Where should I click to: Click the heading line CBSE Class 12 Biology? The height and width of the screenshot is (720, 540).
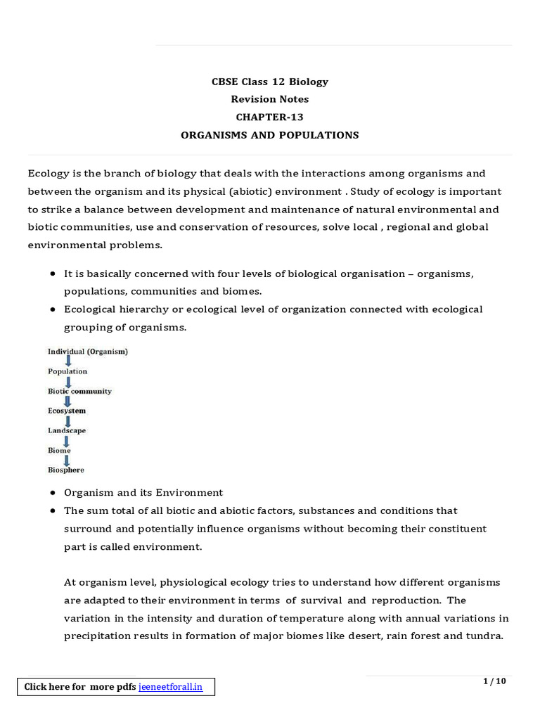[270, 82]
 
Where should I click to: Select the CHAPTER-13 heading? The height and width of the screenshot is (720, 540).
[270, 117]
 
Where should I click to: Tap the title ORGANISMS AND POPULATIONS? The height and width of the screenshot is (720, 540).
[270, 135]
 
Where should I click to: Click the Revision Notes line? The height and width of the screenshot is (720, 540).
[270, 99]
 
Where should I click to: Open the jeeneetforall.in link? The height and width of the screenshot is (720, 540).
[170, 687]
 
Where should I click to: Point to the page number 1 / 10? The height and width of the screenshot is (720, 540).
[494, 681]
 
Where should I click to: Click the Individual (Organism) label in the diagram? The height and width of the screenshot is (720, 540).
[88, 351]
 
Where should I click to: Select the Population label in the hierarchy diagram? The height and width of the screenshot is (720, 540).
[67, 371]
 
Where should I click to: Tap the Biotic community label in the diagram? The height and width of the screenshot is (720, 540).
[79, 391]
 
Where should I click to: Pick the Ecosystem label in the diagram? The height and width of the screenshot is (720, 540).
[67, 411]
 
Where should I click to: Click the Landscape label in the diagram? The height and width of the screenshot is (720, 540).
[67, 430]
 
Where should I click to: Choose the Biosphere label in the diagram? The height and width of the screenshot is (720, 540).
[66, 470]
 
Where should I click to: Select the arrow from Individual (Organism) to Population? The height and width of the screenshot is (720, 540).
[67, 361]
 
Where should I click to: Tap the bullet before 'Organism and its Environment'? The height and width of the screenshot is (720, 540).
[54, 493]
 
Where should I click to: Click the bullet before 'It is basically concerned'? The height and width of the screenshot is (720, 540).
[54, 274]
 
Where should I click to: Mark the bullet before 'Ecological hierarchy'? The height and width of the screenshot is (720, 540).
[54, 309]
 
